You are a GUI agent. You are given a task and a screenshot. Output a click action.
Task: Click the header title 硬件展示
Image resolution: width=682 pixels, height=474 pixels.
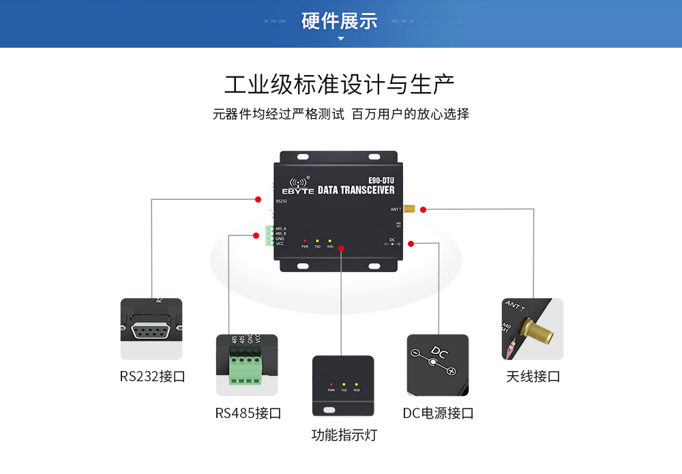tap(340, 20)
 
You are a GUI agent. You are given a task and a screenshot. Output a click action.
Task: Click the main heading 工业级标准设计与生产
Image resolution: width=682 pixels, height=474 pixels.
tap(340, 85)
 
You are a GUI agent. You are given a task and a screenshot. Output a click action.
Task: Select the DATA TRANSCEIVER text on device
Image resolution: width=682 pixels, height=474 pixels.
tap(356, 191)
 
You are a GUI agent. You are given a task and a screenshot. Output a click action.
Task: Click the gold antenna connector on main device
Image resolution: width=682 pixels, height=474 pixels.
tap(411, 209)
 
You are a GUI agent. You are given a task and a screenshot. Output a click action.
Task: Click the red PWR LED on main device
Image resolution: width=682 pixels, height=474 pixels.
tap(305, 241)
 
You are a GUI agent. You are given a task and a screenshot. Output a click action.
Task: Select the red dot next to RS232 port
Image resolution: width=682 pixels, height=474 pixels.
tap(258, 199)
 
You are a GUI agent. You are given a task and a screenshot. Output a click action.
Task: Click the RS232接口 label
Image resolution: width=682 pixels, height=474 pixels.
tap(152, 376)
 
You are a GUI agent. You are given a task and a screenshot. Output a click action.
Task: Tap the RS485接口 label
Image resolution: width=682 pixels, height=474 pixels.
tap(248, 413)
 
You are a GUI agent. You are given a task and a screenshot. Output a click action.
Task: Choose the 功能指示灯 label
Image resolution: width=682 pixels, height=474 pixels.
tap(344, 434)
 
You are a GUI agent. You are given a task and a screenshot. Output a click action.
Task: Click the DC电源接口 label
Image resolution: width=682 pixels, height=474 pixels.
tap(438, 413)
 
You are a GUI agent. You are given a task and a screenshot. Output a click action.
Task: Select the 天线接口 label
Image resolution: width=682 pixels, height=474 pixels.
tap(533, 376)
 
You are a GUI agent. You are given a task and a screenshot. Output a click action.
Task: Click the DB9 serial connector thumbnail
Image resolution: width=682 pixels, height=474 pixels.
tap(151, 329)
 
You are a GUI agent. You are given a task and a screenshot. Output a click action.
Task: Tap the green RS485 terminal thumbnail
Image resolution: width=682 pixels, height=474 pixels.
tap(247, 365)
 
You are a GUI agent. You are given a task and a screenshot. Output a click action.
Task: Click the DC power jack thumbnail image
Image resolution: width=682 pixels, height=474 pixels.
tap(437, 365)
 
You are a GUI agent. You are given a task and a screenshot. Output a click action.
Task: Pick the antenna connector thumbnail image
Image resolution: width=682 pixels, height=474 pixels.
tap(533, 329)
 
